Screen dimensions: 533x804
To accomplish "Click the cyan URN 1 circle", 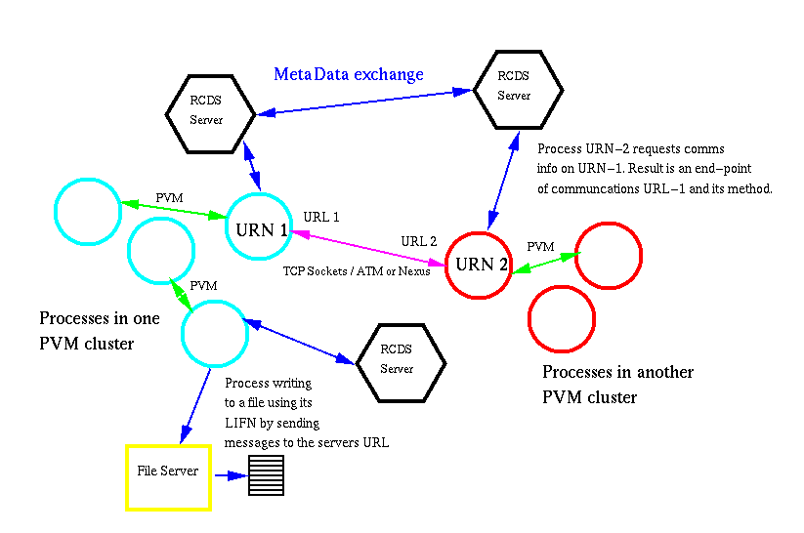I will pyautogui.click(x=261, y=227).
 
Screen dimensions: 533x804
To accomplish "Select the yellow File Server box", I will pyautogui.click(x=168, y=476).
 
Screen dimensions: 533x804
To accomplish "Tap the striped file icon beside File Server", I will pyautogui.click(x=265, y=476).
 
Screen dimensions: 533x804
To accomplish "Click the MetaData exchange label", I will pyautogui.click(x=349, y=74).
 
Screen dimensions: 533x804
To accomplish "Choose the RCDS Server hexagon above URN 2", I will pyautogui.click(x=518, y=90).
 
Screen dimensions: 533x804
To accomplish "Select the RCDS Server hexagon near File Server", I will pyautogui.click(x=401, y=362).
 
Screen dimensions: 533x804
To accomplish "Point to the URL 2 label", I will pyautogui.click(x=419, y=241).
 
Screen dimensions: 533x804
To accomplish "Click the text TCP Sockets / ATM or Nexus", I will pyautogui.click(x=357, y=270).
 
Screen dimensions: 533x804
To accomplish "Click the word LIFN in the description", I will pyautogui.click(x=240, y=423).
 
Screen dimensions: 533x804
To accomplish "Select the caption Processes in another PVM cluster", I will pyautogui.click(x=617, y=385).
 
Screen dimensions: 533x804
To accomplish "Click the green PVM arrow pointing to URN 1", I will pyautogui.click(x=171, y=210).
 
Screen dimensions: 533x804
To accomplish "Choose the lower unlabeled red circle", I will pyautogui.click(x=562, y=318).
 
